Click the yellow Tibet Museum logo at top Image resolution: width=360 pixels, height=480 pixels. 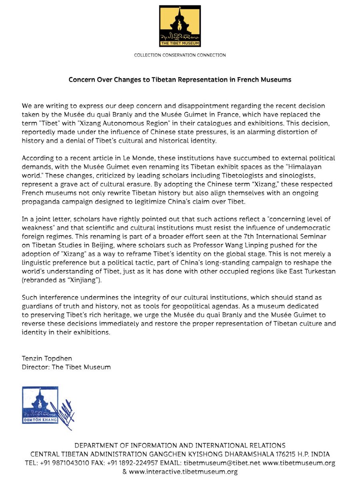pos(180,26)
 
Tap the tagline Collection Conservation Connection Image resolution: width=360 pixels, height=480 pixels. pos(180,55)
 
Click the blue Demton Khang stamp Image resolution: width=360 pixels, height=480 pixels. pos(40,405)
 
